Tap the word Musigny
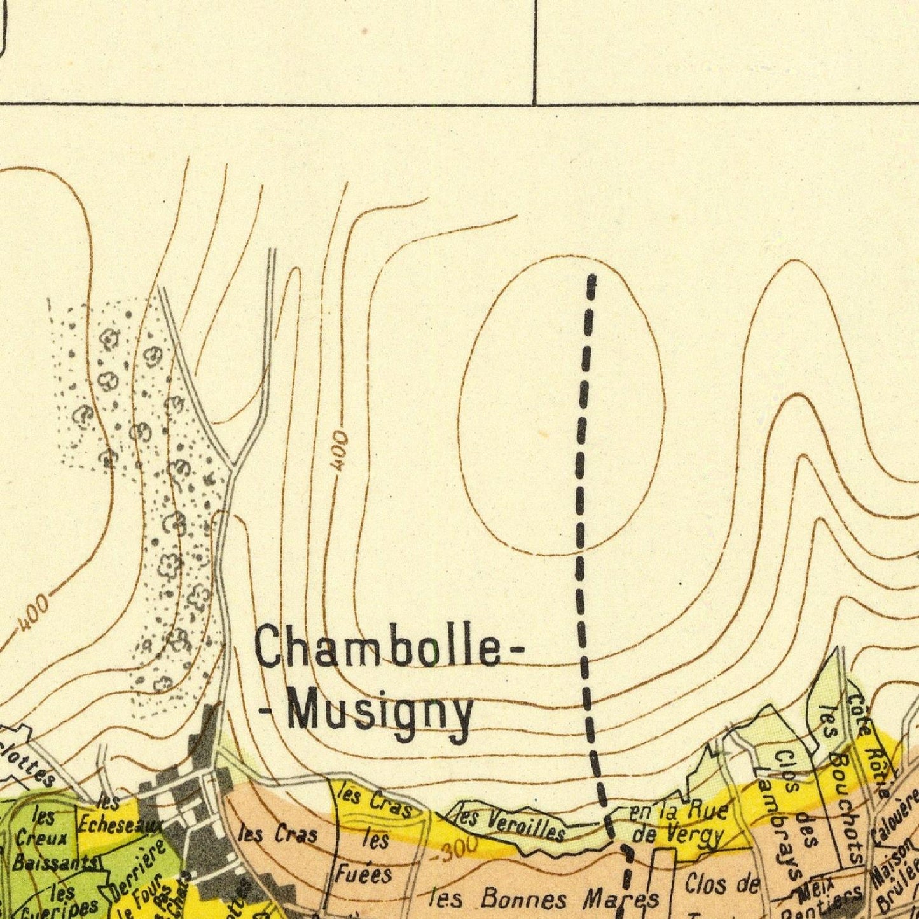coord(380,713)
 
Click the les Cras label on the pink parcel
coord(277,833)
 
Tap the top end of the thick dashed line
coord(591,278)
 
